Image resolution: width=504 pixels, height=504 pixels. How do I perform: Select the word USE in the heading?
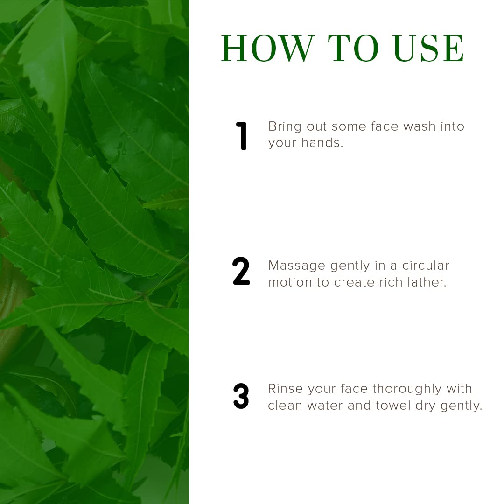click(429, 48)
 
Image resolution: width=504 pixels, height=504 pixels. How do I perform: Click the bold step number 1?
click(241, 136)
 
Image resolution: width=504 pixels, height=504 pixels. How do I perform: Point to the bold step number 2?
click(241, 272)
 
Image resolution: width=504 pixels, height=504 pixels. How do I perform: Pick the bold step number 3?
click(241, 396)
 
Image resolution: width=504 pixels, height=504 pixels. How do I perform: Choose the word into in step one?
click(452, 126)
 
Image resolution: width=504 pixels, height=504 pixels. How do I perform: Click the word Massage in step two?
click(296, 266)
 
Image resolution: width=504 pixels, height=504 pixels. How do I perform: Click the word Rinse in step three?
click(285, 389)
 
